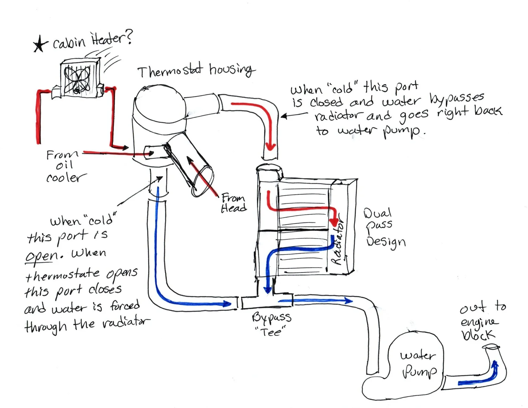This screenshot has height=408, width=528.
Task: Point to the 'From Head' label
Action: coord(233,203)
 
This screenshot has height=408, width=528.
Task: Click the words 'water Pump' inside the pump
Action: coord(419,363)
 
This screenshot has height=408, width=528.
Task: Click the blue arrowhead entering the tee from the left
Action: coord(228,303)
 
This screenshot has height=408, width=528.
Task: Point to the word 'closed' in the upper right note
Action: coord(326,102)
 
